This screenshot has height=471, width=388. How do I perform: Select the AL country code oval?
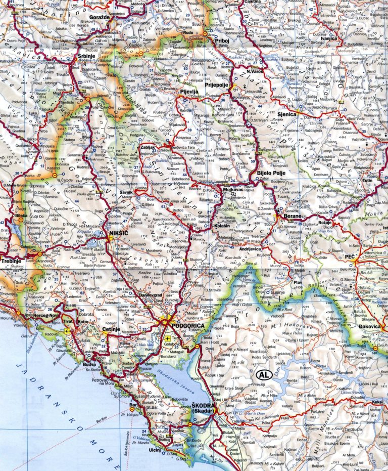263,375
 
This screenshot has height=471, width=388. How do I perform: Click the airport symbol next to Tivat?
68,332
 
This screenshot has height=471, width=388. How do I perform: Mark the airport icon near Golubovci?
168,339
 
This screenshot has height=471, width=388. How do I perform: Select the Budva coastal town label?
89,364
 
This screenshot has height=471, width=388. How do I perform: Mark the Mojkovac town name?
234,191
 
